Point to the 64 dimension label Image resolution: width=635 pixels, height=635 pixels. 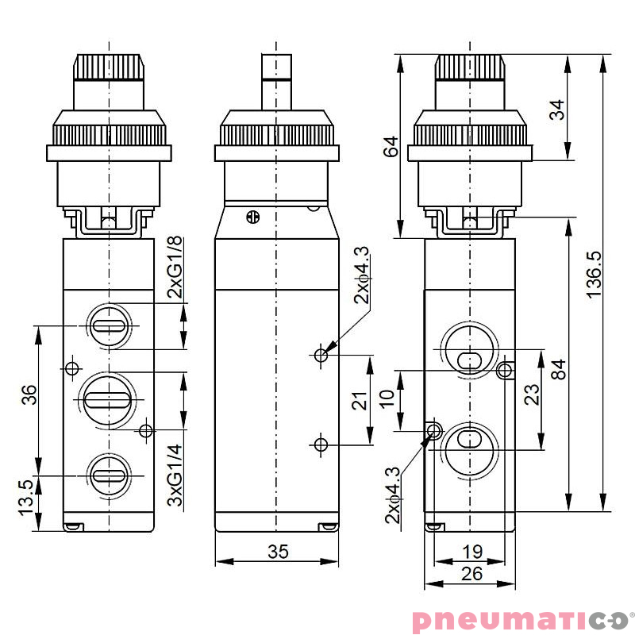point(390,147)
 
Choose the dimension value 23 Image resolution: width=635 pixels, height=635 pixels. point(531,394)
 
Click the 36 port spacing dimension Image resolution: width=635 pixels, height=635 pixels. point(28,394)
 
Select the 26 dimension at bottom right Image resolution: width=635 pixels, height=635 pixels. point(471,573)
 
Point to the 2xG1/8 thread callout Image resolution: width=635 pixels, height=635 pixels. point(175,267)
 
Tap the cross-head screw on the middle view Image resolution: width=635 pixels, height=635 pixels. point(253,215)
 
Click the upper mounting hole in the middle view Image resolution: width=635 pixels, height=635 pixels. point(321,356)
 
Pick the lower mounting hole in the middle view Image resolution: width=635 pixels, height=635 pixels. point(321,443)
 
